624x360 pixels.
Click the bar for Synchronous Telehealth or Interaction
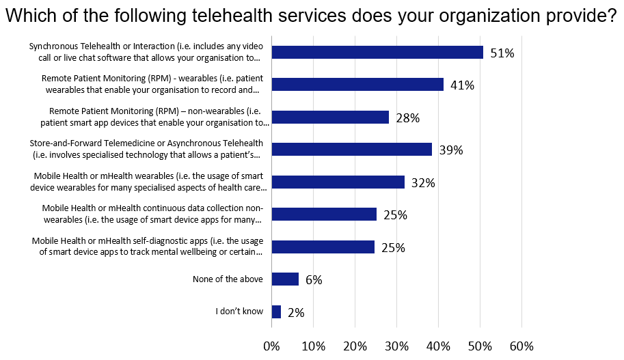coord(377,52)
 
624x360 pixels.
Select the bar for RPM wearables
coord(357,85)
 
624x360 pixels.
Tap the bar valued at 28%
coord(330,117)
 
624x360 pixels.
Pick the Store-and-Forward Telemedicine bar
coord(352,150)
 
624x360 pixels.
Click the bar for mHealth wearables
coord(338,182)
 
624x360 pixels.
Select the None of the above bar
coord(285,279)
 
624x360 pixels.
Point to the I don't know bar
coord(276,311)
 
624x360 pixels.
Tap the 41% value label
coord(461,85)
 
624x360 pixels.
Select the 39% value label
coord(450,150)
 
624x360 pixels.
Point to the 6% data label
coord(314,280)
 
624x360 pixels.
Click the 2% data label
coord(296,312)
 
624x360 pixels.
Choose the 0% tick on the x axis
coord(271,346)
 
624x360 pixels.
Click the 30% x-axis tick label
coord(396,346)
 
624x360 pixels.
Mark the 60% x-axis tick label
coord(521,346)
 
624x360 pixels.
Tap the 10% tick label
coord(313,346)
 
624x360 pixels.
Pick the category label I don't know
coord(239,311)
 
